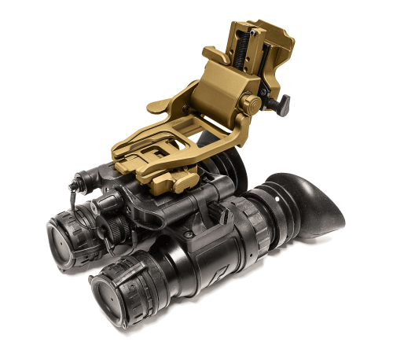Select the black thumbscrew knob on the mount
(x=280, y=102)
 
